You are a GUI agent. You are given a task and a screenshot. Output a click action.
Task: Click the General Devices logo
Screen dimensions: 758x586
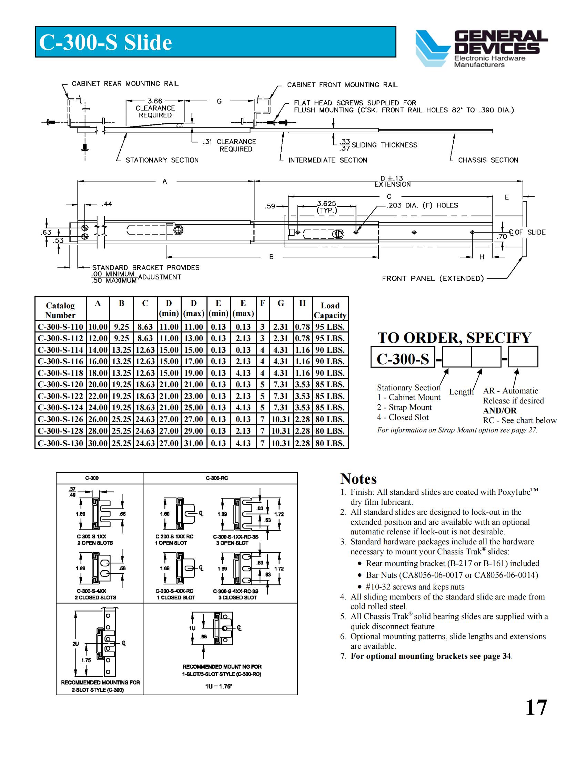click(x=481, y=48)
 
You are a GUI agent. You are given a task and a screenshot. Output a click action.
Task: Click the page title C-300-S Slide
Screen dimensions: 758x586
click(x=105, y=42)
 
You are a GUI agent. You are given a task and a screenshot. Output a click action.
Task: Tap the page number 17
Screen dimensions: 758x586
click(x=536, y=708)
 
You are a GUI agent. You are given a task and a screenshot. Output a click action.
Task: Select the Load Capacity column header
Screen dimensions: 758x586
click(x=330, y=310)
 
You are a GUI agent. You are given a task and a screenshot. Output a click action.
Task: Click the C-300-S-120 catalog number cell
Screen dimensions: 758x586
click(x=60, y=385)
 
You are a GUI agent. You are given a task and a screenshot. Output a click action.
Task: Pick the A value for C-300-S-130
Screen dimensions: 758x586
click(x=98, y=443)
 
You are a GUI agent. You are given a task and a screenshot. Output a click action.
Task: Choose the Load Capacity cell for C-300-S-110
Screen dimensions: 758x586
click(x=330, y=327)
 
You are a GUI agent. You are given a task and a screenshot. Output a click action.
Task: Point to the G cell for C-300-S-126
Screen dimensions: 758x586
click(x=281, y=419)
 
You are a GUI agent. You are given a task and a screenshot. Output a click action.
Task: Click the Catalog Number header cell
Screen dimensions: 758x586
click(x=60, y=310)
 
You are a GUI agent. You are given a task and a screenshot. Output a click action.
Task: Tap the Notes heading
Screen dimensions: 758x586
click(x=358, y=479)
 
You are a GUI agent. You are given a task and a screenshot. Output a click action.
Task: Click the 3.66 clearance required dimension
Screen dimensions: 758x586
click(x=155, y=108)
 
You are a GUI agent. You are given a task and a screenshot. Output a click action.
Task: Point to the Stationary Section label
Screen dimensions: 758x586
click(x=162, y=160)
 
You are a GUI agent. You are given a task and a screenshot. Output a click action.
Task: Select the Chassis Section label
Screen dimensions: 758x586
click(x=488, y=160)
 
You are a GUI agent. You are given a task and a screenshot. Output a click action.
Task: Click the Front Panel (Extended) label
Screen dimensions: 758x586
click(x=433, y=278)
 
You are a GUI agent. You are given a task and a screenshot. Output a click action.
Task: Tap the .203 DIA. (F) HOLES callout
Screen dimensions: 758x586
click(x=422, y=205)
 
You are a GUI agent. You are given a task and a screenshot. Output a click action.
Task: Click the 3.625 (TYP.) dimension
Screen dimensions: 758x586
click(x=326, y=207)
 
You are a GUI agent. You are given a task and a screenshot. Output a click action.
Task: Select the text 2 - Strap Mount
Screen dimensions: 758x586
click(x=404, y=407)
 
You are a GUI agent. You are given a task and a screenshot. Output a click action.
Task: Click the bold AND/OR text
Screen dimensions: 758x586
click(x=499, y=411)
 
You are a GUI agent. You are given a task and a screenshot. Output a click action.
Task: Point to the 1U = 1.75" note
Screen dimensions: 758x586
click(x=218, y=686)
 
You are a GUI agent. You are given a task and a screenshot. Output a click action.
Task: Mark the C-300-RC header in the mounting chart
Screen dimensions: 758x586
click(x=217, y=478)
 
